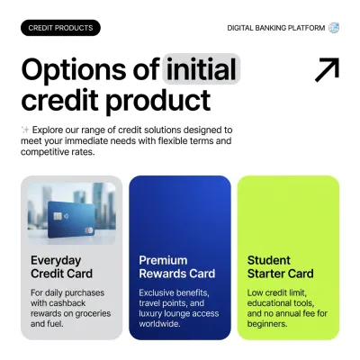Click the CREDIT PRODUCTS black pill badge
60,28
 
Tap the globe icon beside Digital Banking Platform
334,28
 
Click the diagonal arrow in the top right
327,69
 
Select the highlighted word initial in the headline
201,69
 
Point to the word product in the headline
158,101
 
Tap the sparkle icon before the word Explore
25,130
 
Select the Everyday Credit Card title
62,267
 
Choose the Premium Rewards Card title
177,267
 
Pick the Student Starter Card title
281,267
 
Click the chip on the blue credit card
58,216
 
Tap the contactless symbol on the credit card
66,216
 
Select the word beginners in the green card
267,324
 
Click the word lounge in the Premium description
178,313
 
